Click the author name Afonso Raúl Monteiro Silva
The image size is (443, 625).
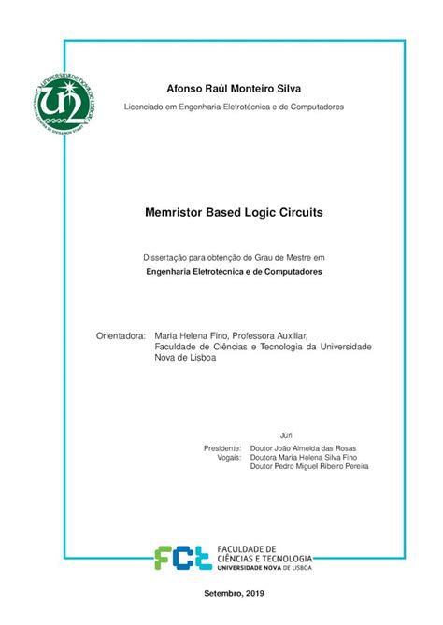234,89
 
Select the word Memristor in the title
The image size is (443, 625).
177,213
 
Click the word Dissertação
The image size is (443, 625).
164,255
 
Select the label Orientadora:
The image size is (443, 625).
121,334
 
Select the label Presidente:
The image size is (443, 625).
222,448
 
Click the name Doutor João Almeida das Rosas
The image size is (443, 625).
303,448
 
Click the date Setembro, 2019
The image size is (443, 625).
234,594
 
